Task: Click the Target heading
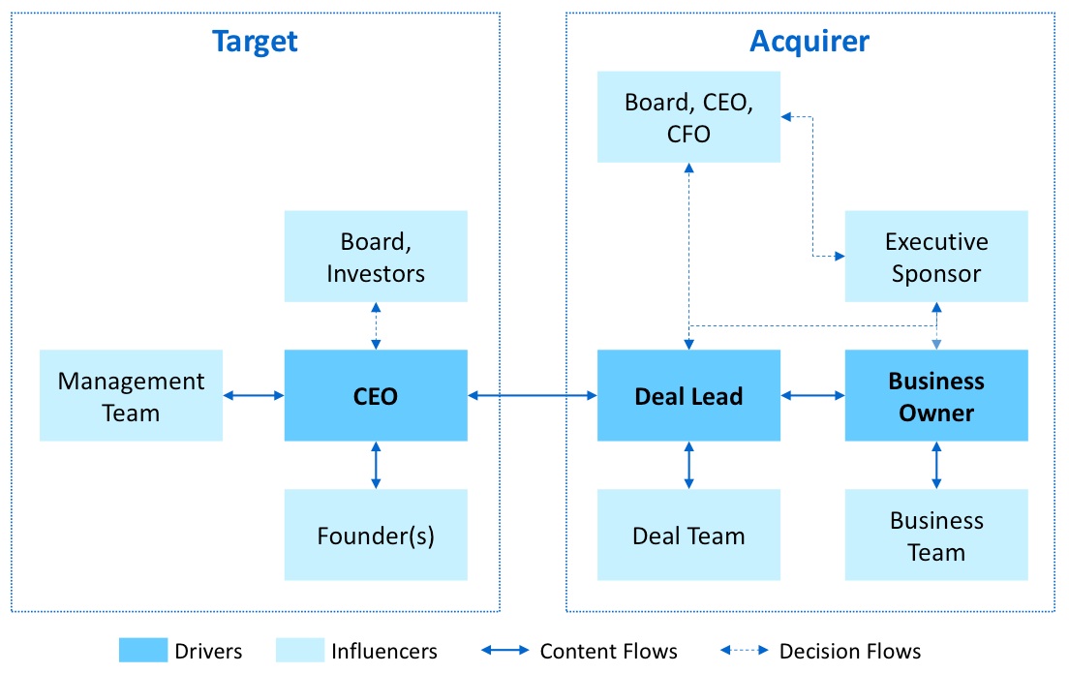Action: [x=255, y=42]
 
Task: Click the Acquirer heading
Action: [x=809, y=42]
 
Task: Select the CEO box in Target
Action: [x=376, y=395]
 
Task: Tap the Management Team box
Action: [x=131, y=395]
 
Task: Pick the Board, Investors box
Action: [x=376, y=257]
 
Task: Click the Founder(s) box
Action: [x=376, y=535]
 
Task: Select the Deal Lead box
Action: [x=688, y=395]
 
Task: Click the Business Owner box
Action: [x=935, y=395]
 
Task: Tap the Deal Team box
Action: [x=688, y=535]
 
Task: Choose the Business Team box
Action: [x=935, y=535]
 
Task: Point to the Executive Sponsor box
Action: [x=935, y=257]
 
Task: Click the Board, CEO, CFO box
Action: [x=688, y=116]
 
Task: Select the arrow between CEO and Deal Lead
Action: [x=532, y=395]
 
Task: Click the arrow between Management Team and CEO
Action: [x=253, y=395]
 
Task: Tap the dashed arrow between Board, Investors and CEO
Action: [x=376, y=325]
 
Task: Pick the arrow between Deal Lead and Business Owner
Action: [x=812, y=395]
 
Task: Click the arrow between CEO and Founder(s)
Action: [x=376, y=465]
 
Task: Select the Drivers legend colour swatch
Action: [x=142, y=651]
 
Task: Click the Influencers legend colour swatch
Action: [x=299, y=651]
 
